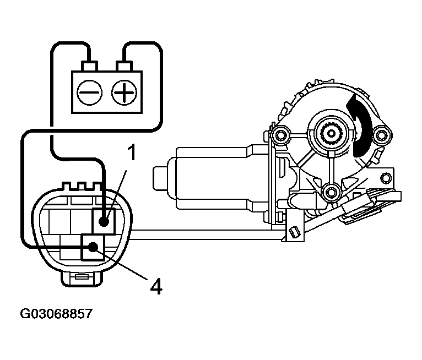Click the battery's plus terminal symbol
pos(123,92)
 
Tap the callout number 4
pos(156,286)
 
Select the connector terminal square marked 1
pos(103,222)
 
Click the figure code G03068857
pos(56,314)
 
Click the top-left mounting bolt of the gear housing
pos(282,134)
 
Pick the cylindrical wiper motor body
pos(220,176)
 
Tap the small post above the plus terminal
pos(123,67)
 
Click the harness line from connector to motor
pos(209,236)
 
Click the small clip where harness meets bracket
pos(294,232)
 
